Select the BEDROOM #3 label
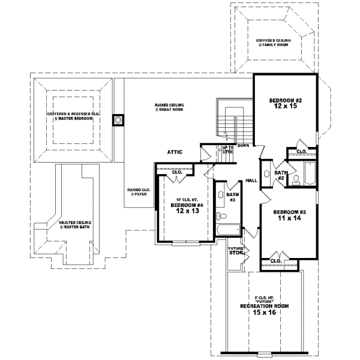[289, 212]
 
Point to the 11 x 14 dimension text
[289, 219]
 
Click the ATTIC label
[175, 152]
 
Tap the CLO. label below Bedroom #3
[276, 261]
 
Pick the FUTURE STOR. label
[235, 251]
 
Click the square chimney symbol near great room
[118, 120]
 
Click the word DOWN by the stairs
[243, 146]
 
